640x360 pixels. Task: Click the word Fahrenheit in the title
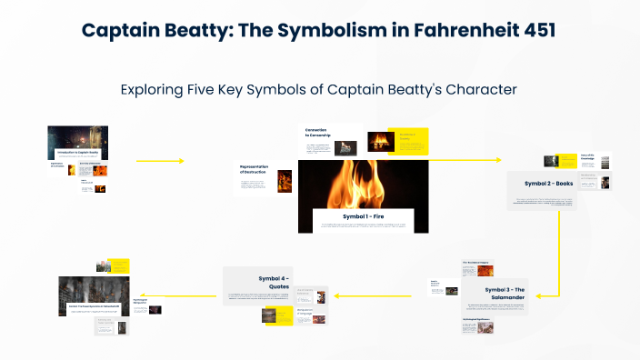coord(440,30)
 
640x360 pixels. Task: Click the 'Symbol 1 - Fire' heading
coord(363,216)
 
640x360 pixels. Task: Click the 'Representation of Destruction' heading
coord(255,169)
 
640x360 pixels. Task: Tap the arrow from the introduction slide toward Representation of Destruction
coord(160,161)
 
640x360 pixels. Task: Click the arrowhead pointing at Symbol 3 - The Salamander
coord(535,295)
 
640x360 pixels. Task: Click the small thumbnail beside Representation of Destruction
coord(285,180)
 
